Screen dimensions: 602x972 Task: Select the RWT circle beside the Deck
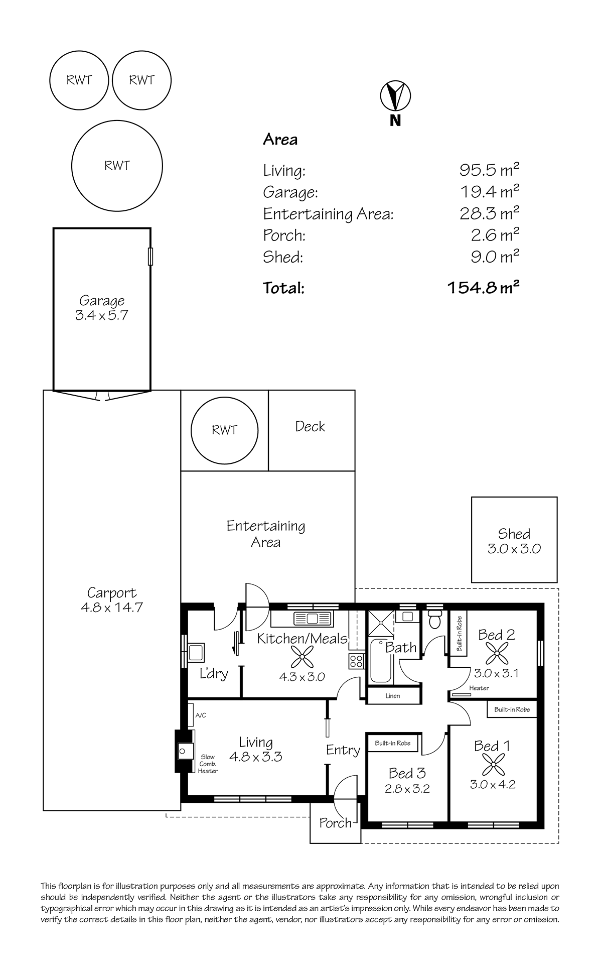coord(224,430)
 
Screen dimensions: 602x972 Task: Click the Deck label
coord(310,426)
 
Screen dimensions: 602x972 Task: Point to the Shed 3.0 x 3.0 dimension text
coord(514,549)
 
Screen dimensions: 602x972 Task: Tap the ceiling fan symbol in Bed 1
coord(490,765)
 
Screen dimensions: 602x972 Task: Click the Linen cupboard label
coord(393,696)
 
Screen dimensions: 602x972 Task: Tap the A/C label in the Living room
coord(201,715)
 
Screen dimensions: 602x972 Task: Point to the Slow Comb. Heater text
coord(208,764)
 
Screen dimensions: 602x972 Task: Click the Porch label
coord(336,823)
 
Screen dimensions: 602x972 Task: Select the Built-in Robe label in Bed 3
coord(393,743)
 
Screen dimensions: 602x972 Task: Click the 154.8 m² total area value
coord(483,288)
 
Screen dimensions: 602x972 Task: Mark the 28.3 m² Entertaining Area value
coord(489,213)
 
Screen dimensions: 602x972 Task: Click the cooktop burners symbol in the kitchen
coord(357,661)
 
